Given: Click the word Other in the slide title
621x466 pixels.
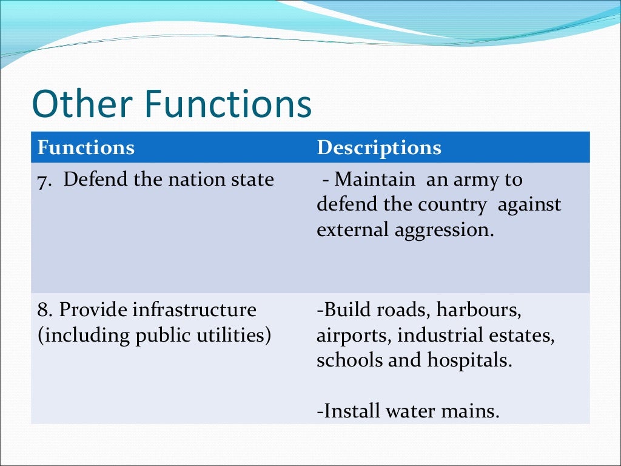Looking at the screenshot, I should click(78, 104).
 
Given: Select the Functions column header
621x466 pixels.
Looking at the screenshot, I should click(86, 147).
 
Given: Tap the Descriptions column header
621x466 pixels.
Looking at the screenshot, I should click(379, 147).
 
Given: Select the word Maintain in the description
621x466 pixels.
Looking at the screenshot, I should click(375, 180).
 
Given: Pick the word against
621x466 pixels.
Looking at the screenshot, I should click(529, 205).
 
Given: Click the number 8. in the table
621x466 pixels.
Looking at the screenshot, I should click(45, 310).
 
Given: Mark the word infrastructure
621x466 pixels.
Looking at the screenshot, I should click(194, 310).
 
